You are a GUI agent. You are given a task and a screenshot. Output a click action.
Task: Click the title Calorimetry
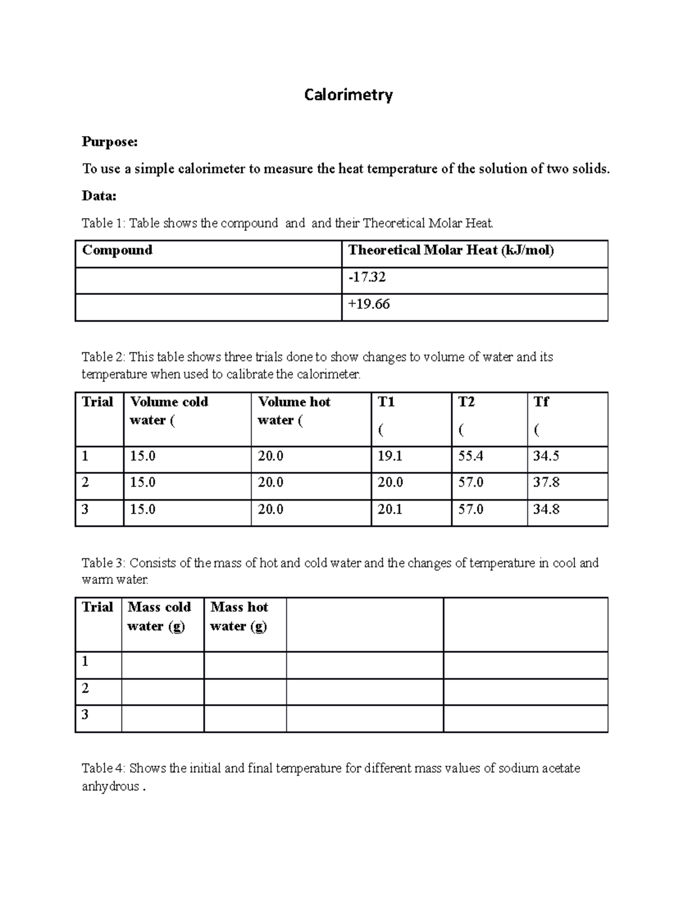point(348,95)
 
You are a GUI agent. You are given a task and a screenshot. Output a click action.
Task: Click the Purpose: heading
point(110,142)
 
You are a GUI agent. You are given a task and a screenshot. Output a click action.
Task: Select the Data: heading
point(99,196)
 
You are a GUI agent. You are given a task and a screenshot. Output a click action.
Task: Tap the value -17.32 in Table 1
point(367,277)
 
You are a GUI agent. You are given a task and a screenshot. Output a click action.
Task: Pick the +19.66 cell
point(369,304)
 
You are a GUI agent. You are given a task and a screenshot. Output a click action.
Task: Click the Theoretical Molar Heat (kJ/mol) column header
point(451,251)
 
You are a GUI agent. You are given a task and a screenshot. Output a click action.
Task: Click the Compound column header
point(117,251)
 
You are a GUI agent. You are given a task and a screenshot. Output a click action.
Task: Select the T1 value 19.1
point(390,456)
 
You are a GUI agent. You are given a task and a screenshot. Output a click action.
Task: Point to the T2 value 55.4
point(470,456)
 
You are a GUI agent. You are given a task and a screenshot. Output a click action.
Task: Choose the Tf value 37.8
point(546,483)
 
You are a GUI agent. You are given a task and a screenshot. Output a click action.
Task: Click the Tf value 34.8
point(546,509)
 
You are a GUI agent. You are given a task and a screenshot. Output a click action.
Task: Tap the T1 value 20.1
point(390,509)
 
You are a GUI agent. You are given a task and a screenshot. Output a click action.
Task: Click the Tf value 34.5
point(546,456)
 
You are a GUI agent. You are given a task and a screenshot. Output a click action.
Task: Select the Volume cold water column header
point(168,411)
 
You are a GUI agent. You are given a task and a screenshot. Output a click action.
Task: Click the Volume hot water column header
point(294,411)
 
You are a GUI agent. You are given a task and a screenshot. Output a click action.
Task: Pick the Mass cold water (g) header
point(159,616)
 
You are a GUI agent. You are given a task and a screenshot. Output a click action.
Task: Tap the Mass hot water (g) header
point(239,616)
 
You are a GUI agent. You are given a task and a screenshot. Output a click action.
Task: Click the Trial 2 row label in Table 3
point(85,688)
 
